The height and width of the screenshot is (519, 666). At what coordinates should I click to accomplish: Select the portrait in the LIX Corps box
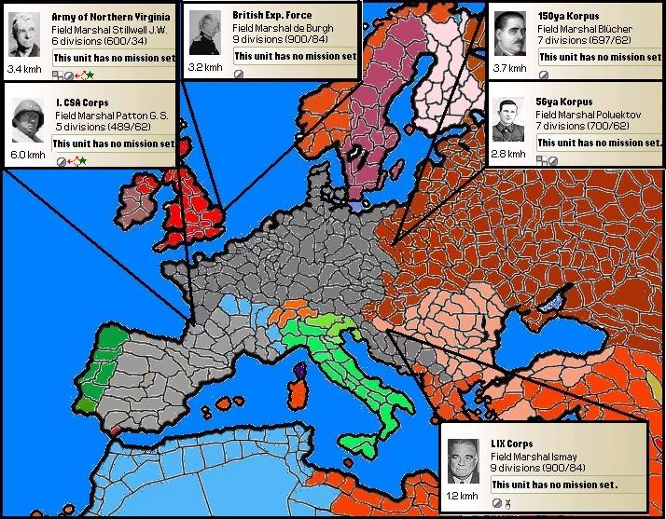point(463,461)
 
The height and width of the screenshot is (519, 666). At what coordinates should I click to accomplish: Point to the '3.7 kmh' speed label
point(509,68)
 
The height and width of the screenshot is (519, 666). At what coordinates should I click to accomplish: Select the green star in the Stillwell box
point(90,74)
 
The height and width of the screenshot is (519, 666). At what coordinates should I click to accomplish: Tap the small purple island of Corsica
point(299,373)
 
